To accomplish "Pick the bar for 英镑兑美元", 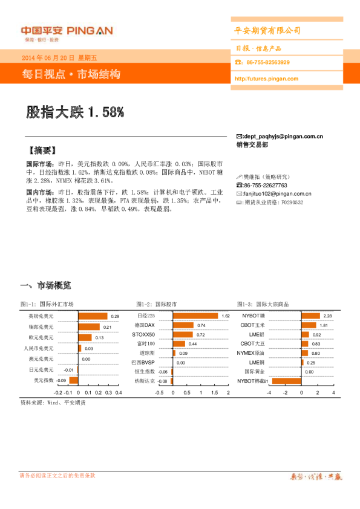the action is (x=93, y=316).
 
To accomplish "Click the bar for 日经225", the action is (x=195, y=316).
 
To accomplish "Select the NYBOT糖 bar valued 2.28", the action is (x=310, y=316).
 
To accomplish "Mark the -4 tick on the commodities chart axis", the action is (x=269, y=392).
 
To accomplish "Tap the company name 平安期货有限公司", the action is (x=267, y=31).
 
